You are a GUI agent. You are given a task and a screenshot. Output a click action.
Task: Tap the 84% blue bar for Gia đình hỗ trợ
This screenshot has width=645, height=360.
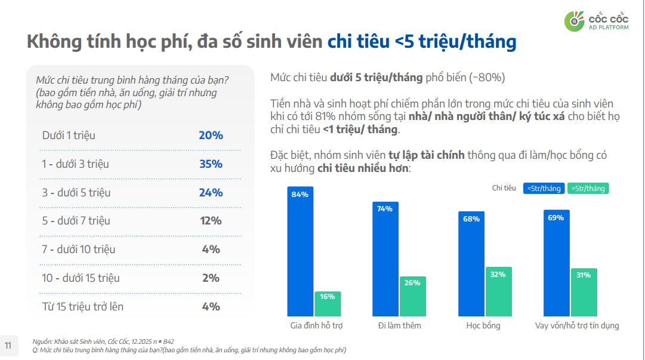pyautogui.click(x=300, y=251)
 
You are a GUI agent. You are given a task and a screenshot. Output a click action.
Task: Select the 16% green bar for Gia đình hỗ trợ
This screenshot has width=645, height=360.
pyautogui.click(x=328, y=304)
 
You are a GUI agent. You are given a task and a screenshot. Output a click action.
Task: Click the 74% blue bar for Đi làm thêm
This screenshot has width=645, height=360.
pyautogui.click(x=385, y=259)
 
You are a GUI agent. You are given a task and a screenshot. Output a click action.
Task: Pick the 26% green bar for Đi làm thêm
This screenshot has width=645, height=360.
pyautogui.click(x=412, y=296)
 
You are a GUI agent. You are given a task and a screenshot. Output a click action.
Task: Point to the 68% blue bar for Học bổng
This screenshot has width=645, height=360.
pyautogui.click(x=471, y=263)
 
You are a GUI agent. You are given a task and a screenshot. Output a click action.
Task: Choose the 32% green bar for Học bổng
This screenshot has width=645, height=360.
pyautogui.click(x=498, y=291)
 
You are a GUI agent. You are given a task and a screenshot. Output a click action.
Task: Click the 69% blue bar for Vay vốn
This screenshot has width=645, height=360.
pyautogui.click(x=556, y=262)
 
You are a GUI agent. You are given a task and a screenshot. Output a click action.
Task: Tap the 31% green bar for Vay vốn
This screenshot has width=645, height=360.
pyautogui.click(x=584, y=292)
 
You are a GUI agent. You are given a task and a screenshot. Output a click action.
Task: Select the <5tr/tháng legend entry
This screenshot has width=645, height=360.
pyautogui.click(x=543, y=188)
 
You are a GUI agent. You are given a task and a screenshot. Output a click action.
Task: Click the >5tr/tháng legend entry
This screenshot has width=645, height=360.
pyautogui.click(x=588, y=188)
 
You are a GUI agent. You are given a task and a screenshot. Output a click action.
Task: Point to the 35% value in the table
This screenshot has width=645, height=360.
pyautogui.click(x=211, y=164)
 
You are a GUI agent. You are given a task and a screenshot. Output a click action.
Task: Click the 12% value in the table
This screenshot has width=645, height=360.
pyautogui.click(x=211, y=221)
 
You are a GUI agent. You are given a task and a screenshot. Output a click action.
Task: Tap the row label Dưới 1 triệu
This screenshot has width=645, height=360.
pyautogui.click(x=69, y=136)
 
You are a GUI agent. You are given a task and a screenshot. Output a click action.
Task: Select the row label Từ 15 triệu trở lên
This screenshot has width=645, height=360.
pyautogui.click(x=83, y=307)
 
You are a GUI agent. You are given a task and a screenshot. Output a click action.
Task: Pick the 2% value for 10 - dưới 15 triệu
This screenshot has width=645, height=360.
pyautogui.click(x=211, y=278)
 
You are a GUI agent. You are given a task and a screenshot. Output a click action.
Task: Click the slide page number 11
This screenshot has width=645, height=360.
pyautogui.click(x=8, y=345)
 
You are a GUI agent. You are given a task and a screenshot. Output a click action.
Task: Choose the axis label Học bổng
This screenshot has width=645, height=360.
pyautogui.click(x=483, y=325)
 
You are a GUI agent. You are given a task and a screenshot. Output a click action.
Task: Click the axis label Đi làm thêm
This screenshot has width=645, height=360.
pyautogui.click(x=399, y=325)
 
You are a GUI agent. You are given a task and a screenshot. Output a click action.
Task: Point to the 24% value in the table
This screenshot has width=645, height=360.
pyautogui.click(x=211, y=193)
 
